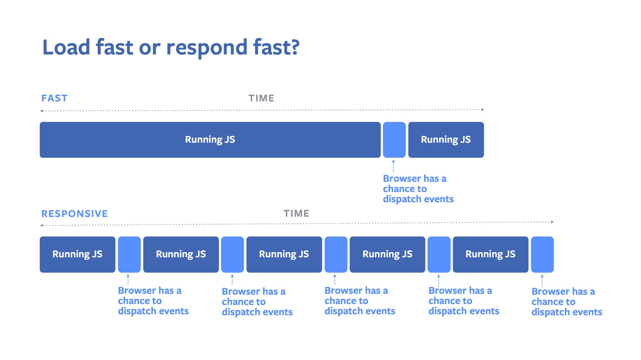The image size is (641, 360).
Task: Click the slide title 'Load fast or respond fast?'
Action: pyautogui.click(x=170, y=47)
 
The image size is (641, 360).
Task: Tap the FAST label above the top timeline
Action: pyautogui.click(x=54, y=98)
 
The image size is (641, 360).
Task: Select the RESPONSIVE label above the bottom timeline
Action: pyautogui.click(x=74, y=214)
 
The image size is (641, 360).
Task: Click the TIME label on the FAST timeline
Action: pyautogui.click(x=261, y=98)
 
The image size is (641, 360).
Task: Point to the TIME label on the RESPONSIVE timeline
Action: pyautogui.click(x=296, y=213)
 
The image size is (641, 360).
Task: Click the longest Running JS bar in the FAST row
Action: pyautogui.click(x=210, y=140)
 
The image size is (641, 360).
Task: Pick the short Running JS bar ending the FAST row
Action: pyautogui.click(x=446, y=140)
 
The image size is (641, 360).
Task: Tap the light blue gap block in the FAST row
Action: pyautogui.click(x=394, y=140)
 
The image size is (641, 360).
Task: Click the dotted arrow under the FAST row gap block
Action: pyautogui.click(x=393, y=165)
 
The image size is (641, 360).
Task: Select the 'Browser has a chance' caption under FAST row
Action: pyautogui.click(x=418, y=189)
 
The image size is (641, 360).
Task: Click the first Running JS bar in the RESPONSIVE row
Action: pyautogui.click(x=77, y=255)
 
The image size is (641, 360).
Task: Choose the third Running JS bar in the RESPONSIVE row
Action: pyautogui.click(x=284, y=255)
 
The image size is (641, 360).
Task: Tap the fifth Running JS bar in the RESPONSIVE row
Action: pyautogui.click(x=490, y=255)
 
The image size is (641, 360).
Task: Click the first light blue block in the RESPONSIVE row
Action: pyautogui.click(x=129, y=255)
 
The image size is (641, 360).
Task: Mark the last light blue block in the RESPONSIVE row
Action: pyautogui.click(x=542, y=255)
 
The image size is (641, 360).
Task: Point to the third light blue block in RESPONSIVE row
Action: pyautogui.click(x=336, y=255)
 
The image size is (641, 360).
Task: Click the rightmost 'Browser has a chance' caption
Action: pyautogui.click(x=566, y=302)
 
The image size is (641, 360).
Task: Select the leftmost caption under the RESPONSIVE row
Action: pyautogui.click(x=153, y=301)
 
